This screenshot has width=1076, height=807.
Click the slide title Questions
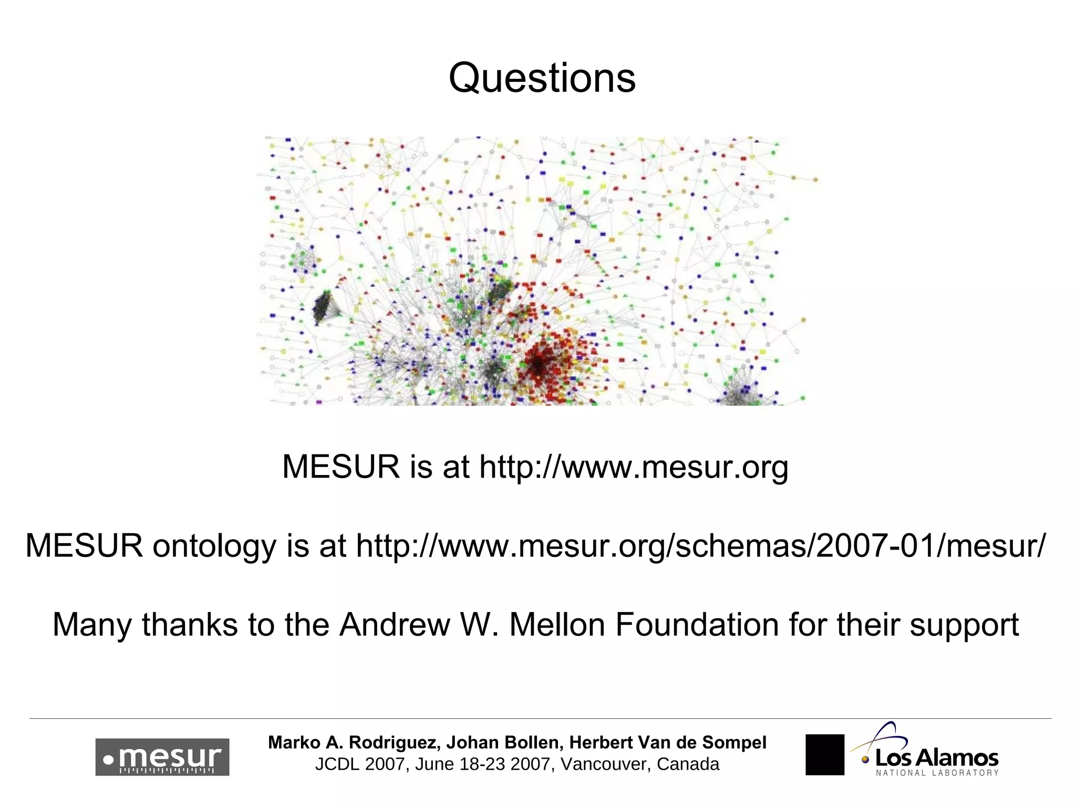542,78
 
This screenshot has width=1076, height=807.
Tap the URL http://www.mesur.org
634,467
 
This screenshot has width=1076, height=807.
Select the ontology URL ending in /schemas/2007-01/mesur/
701,545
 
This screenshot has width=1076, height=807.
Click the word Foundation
697,625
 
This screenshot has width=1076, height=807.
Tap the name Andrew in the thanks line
395,625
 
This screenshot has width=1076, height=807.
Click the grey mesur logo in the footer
162,757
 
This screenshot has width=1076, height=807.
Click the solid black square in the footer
824,754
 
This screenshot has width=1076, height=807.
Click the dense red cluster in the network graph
541,363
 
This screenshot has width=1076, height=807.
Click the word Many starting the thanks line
92,626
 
